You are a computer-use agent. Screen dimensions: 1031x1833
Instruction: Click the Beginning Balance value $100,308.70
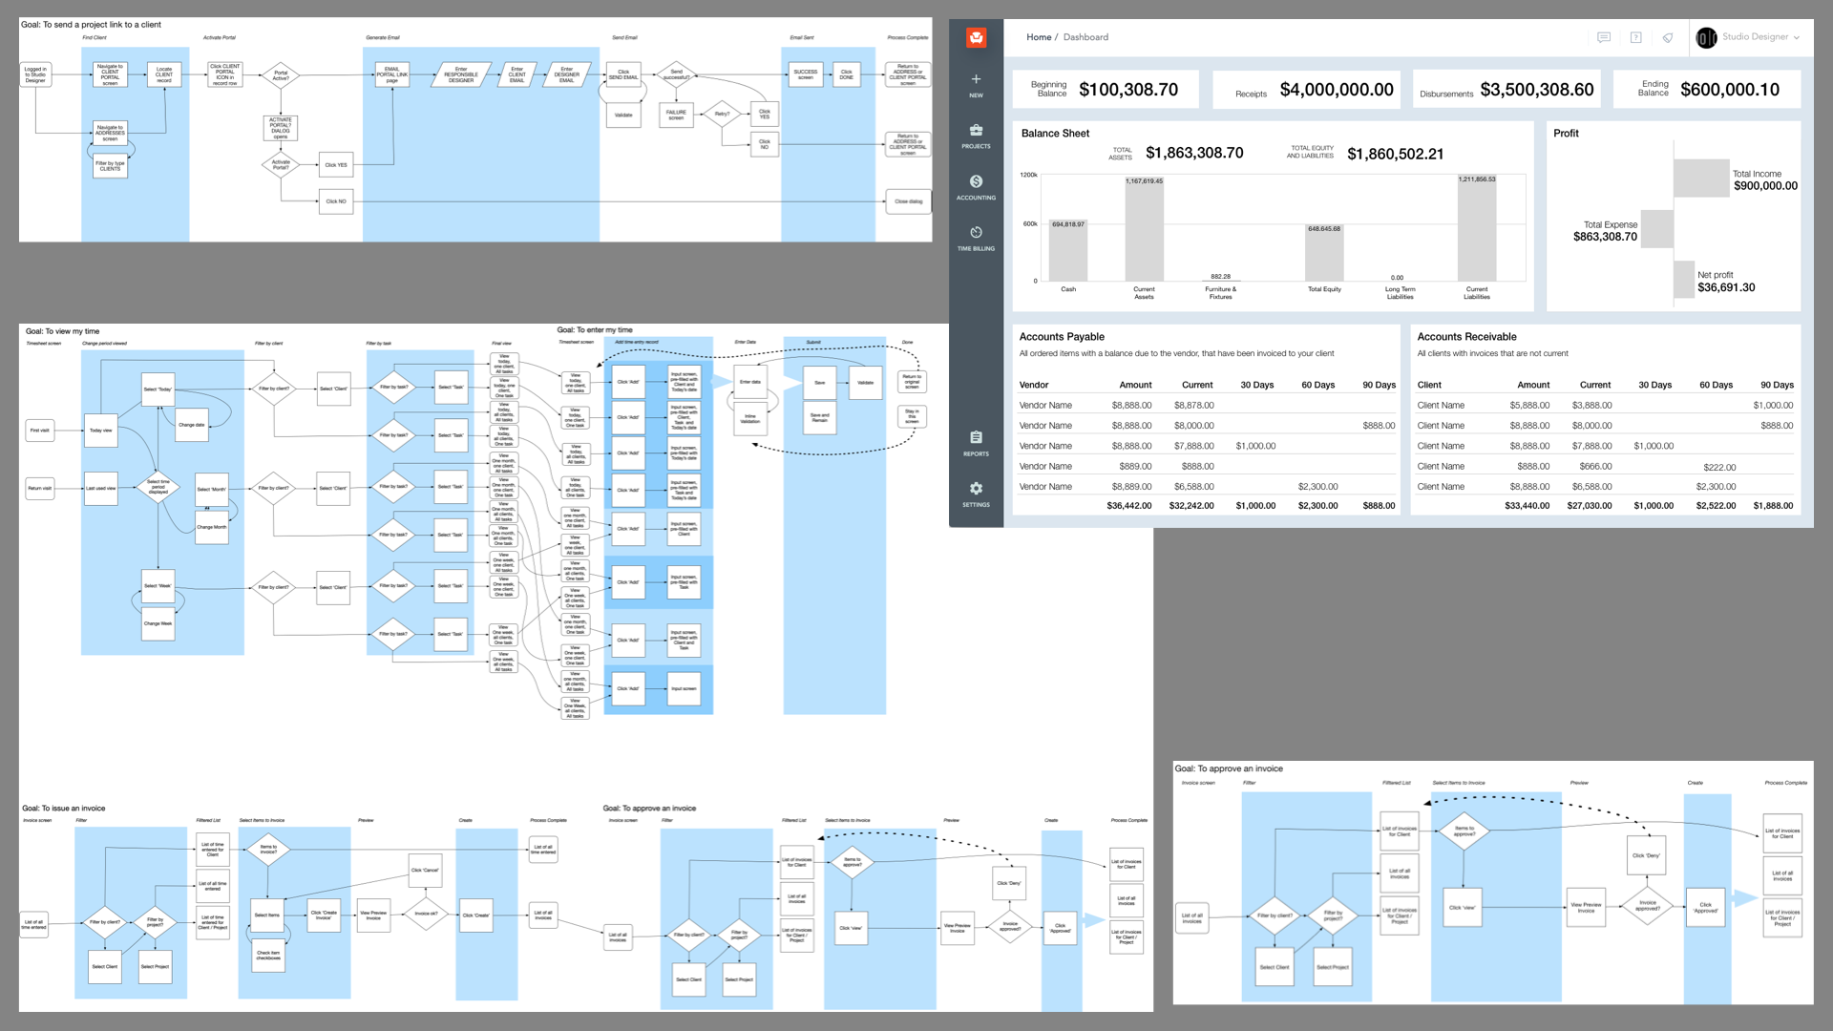click(1127, 90)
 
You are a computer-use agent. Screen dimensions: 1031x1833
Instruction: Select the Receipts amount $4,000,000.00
click(1336, 90)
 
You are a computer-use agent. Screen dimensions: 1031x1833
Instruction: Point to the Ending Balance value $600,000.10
click(1729, 90)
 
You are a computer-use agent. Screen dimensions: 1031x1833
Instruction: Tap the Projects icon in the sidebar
click(976, 131)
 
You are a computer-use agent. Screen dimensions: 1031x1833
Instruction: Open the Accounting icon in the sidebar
click(976, 181)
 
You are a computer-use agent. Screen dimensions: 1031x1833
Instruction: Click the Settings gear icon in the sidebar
click(976, 488)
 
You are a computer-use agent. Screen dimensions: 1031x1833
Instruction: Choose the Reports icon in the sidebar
click(976, 437)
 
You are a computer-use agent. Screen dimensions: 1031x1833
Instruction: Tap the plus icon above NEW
click(976, 79)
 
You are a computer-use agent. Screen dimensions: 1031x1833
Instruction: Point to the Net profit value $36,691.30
click(1726, 287)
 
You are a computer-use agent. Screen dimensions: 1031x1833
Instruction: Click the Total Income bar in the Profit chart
click(1701, 178)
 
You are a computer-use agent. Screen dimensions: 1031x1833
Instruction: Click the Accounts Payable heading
click(1062, 337)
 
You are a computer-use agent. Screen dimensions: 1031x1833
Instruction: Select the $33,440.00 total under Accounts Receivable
click(1527, 506)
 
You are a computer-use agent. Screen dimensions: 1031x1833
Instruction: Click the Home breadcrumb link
click(1039, 37)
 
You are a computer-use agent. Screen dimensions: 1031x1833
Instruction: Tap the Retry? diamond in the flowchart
click(722, 114)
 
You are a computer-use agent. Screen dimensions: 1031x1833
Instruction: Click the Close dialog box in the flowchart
click(908, 201)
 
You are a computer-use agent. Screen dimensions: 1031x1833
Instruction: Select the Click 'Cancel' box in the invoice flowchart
click(425, 870)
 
